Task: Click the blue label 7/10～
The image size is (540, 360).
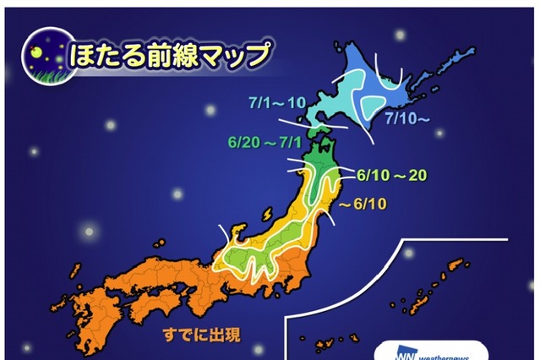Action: (x=408, y=119)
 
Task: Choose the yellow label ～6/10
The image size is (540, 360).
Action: (x=364, y=205)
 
